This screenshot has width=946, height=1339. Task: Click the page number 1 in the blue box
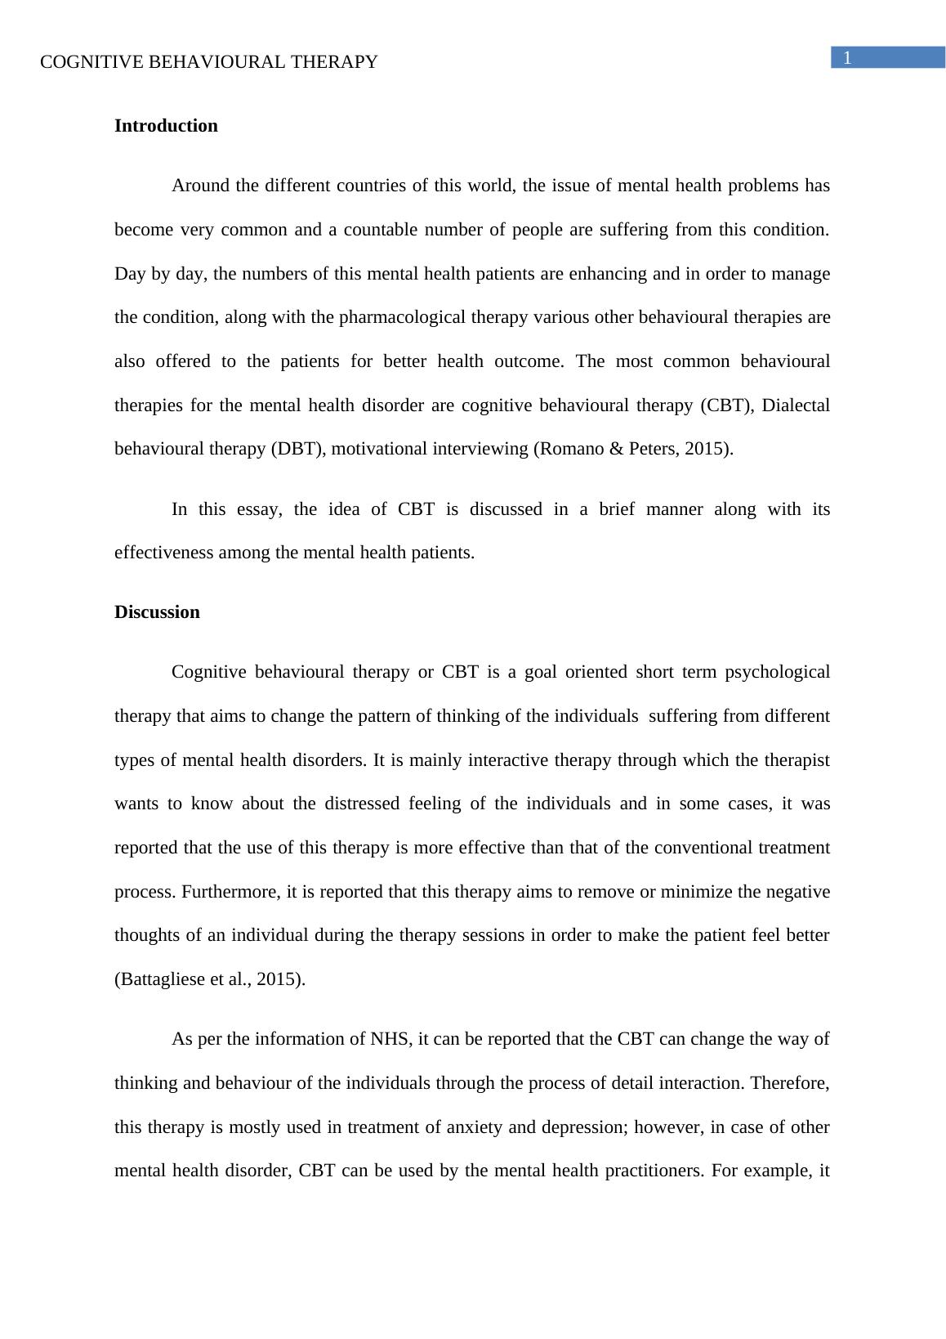[x=848, y=58]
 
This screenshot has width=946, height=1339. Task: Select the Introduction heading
[x=166, y=126]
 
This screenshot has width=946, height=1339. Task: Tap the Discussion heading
[x=157, y=612]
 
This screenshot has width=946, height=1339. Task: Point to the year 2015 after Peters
[x=707, y=449]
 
